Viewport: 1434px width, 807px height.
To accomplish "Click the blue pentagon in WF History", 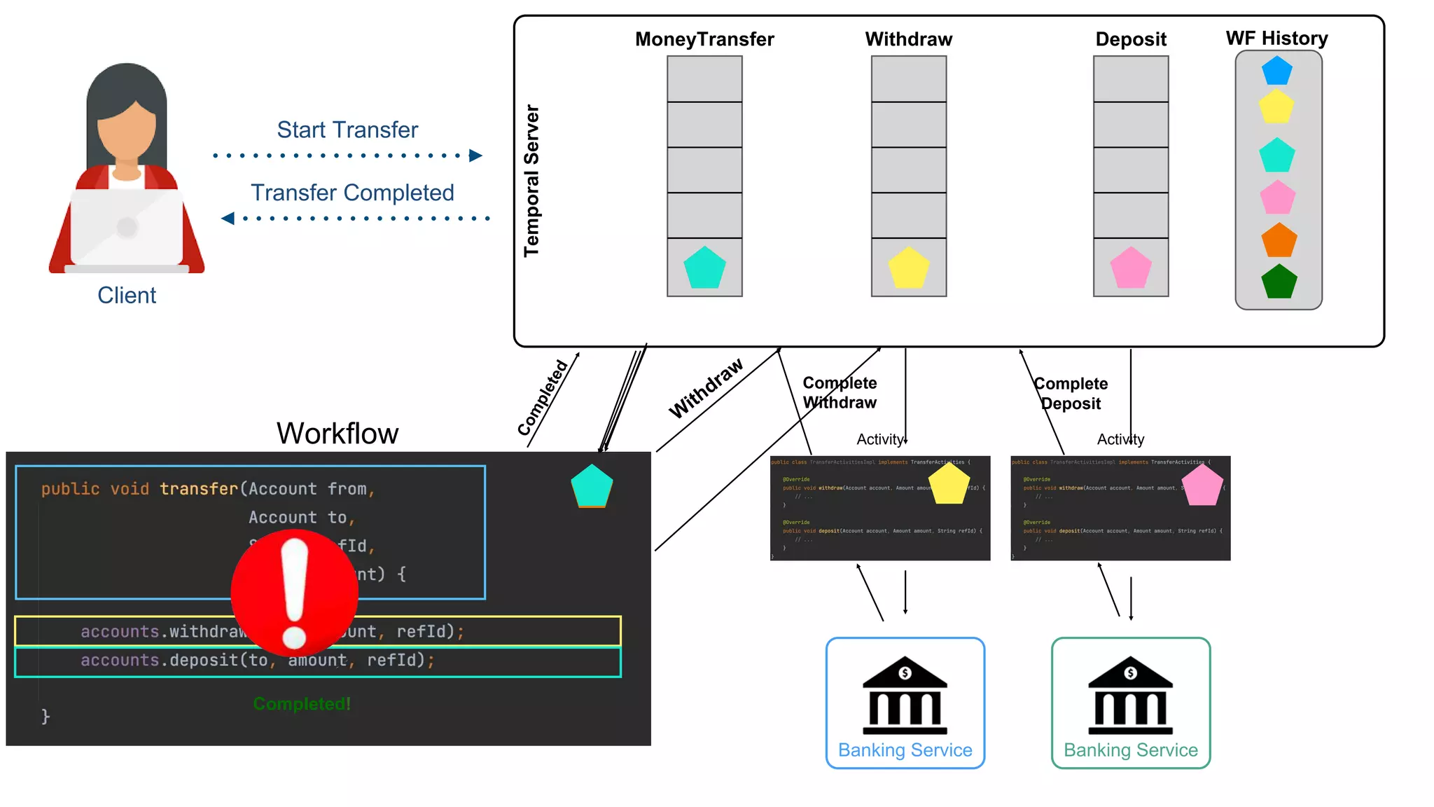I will (x=1276, y=71).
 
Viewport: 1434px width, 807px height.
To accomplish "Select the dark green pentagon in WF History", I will (x=1279, y=282).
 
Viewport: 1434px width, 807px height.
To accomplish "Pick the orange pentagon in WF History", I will (x=1279, y=240).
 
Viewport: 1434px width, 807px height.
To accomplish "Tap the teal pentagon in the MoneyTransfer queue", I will (x=704, y=268).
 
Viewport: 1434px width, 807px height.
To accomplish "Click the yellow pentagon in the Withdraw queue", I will (x=908, y=268).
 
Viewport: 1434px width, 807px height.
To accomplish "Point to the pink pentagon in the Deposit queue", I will (x=1130, y=268).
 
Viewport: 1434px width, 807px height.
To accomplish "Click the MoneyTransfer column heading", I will (x=704, y=39).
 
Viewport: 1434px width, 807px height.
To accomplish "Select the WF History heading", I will (x=1276, y=38).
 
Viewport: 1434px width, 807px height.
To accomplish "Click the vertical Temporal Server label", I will (x=531, y=181).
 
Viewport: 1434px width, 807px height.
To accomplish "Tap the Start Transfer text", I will (x=347, y=130).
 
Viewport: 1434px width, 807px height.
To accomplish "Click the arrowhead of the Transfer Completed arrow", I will (x=228, y=219).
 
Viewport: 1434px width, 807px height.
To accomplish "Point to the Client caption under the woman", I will (x=127, y=295).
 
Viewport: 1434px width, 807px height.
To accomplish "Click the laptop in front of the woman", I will (x=127, y=228).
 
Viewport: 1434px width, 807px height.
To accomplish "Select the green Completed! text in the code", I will (x=302, y=703).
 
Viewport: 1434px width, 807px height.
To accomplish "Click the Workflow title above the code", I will (x=337, y=433).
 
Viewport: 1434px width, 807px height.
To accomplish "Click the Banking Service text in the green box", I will (x=1130, y=750).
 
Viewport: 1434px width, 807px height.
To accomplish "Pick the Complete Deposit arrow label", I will (x=1071, y=393).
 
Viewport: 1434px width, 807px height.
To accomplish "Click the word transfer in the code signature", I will (x=198, y=489).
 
